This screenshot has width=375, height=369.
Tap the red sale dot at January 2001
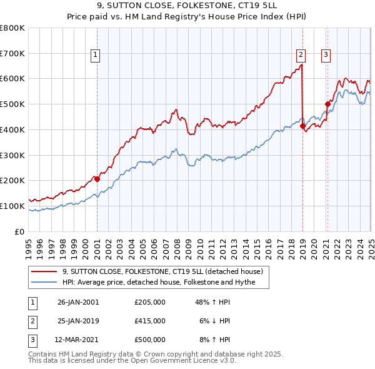coord(97,179)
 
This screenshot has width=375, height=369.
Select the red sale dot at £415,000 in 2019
coord(302,126)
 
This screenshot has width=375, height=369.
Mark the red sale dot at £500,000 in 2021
coord(327,104)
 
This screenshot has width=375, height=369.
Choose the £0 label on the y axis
coord(20,231)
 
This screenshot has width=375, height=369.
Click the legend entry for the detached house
coord(166,271)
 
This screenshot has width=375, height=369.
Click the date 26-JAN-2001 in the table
coord(78,302)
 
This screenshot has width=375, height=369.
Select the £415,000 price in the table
coord(150,321)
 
